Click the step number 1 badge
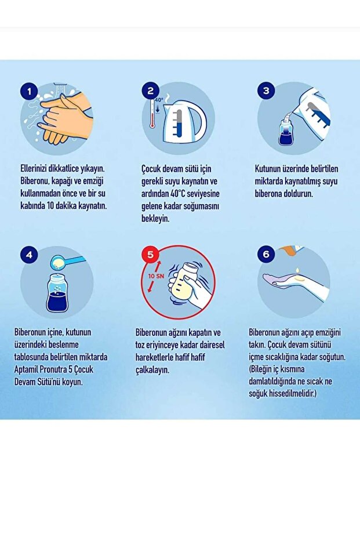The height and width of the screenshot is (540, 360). (29, 91)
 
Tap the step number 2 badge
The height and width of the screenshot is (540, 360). (150, 91)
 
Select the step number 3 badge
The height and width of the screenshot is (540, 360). (266, 91)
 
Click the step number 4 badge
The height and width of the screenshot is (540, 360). (29, 255)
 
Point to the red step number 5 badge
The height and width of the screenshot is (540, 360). (150, 255)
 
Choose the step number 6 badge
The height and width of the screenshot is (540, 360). (266, 255)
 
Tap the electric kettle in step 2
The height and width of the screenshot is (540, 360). (185, 122)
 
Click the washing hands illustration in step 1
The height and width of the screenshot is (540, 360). (61, 118)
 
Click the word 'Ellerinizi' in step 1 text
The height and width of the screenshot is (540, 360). (37, 169)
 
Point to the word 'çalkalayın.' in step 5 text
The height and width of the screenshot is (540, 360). (152, 369)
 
